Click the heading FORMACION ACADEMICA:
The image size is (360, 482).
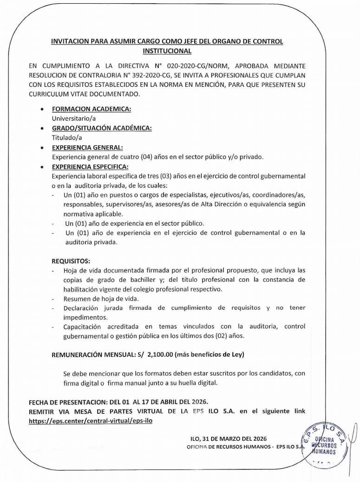pyautogui.click(x=91, y=110)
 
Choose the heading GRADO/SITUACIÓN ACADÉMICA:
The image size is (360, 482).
pyautogui.click(x=102, y=128)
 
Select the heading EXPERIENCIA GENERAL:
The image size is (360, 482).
pyautogui.click(x=87, y=148)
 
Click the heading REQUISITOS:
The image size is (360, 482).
pyautogui.click(x=71, y=261)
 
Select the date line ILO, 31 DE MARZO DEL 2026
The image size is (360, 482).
pyautogui.click(x=229, y=438)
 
